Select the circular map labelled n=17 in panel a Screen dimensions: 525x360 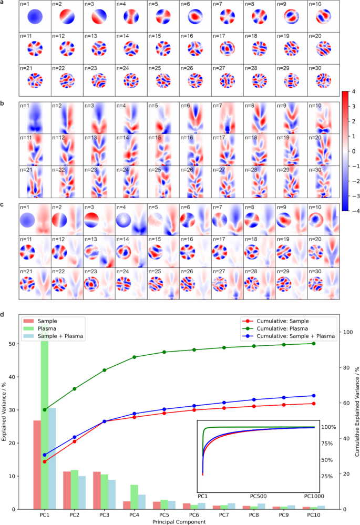(x=228, y=49)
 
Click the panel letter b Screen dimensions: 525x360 (x=3, y=103)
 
